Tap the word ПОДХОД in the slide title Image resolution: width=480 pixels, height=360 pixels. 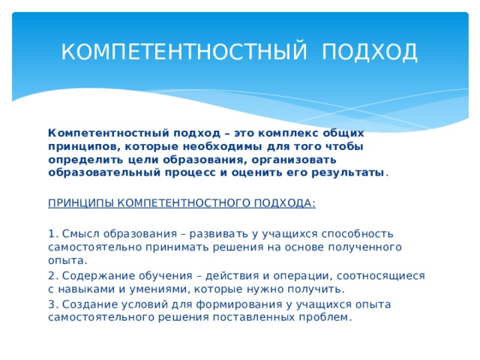pos(370,52)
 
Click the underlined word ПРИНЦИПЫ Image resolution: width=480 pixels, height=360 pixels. pos(81,203)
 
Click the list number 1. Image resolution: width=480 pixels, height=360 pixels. pos(52,233)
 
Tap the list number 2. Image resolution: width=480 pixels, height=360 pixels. pos(52,276)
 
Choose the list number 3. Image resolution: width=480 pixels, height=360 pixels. pos(52,304)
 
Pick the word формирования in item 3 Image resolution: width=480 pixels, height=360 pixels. pos(233,304)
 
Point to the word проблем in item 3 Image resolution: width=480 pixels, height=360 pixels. pos(324,317)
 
